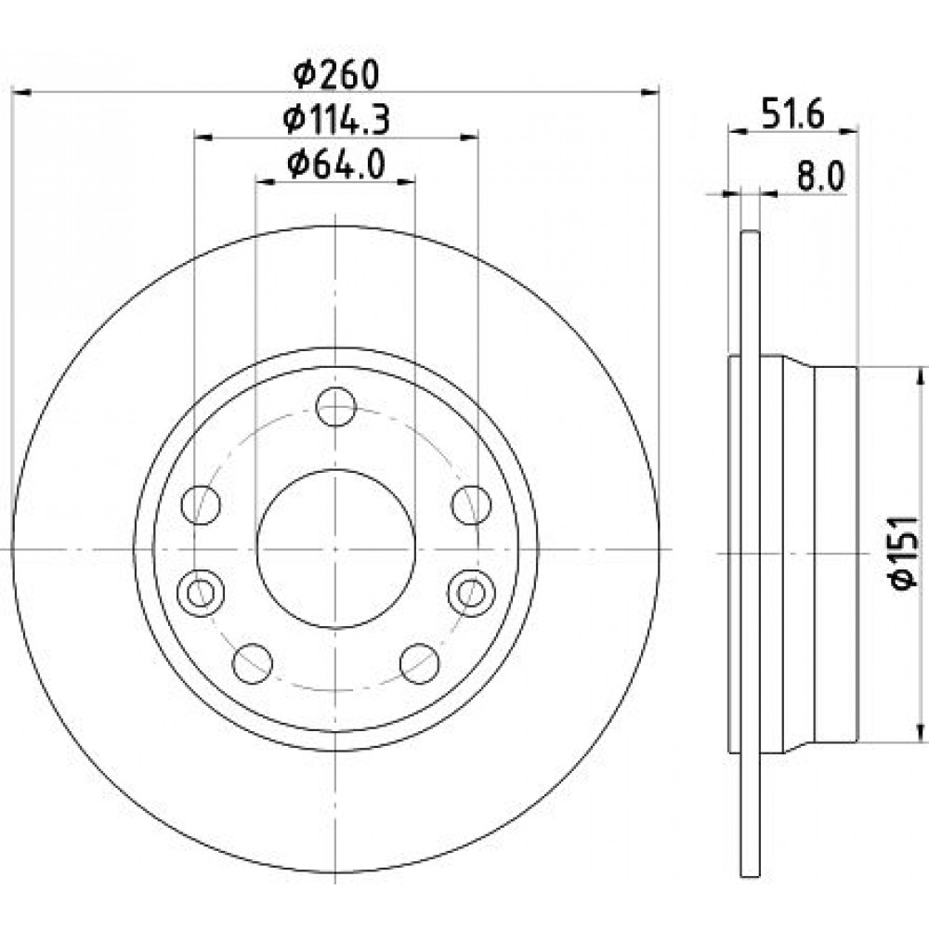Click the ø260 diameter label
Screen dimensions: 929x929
[x=336, y=74]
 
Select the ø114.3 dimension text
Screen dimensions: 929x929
[x=336, y=120]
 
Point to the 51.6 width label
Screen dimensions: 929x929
[x=792, y=115]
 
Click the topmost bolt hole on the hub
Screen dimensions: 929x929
[x=336, y=407]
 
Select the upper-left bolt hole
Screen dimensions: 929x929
[x=201, y=504]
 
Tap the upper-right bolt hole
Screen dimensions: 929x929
[x=471, y=504]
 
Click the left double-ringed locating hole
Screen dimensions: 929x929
[x=201, y=592]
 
